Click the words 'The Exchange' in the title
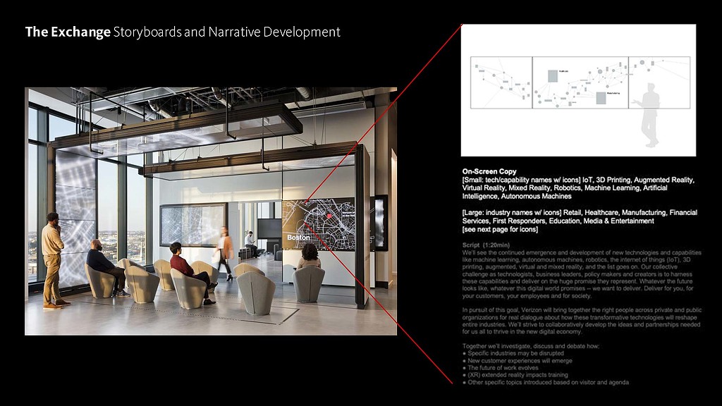68,32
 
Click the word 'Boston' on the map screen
298,238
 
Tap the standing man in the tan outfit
53,257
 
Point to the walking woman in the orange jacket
226,250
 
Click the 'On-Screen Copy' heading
489,171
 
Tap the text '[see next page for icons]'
500,229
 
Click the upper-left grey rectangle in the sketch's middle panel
552,76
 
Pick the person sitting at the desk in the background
250,242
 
